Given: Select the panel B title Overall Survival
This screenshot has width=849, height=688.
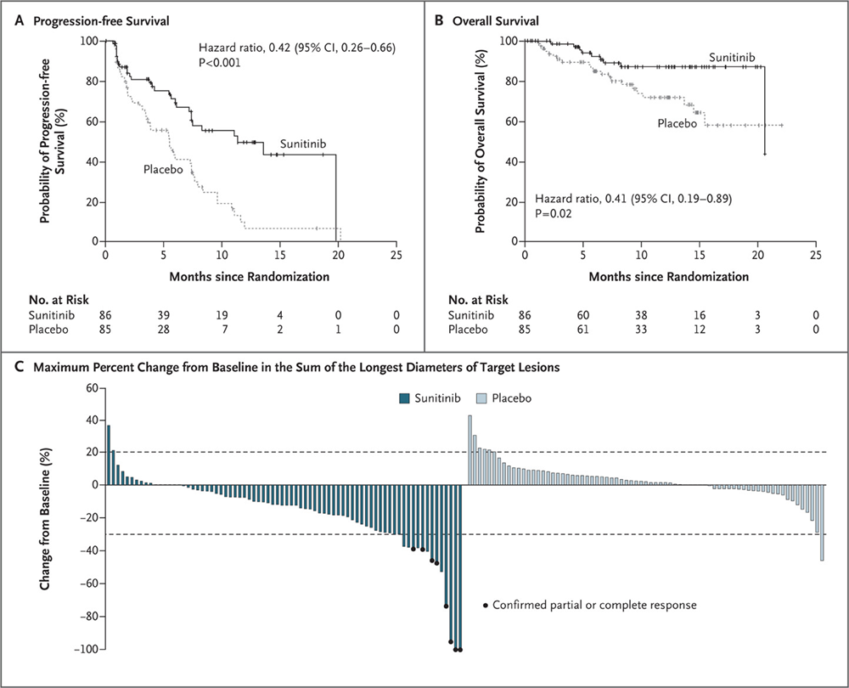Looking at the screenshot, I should [x=487, y=21].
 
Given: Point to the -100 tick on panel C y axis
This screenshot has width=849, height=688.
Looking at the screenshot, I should [x=83, y=650].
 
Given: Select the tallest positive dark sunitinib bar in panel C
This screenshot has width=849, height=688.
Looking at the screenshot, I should [x=109, y=454].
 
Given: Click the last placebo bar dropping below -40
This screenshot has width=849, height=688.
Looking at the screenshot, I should [x=822, y=522].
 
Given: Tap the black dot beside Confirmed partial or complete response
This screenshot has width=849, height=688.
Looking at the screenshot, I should [x=486, y=606].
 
